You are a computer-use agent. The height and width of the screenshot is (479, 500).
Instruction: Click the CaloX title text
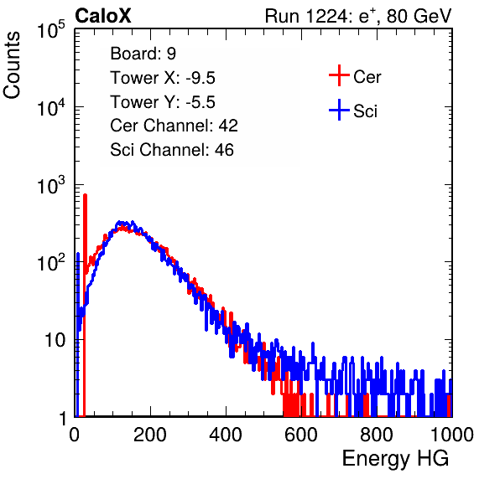coord(103,16)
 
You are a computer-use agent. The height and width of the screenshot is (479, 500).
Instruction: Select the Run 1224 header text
coord(358,16)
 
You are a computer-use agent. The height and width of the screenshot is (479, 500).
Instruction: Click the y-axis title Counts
coord(12,65)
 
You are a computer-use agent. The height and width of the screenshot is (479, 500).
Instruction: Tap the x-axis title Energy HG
coord(395,459)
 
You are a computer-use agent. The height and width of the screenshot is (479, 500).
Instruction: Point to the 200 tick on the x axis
coord(150,435)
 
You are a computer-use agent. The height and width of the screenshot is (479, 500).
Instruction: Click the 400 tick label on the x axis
coord(226,435)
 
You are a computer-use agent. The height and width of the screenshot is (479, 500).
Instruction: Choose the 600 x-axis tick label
coord(301,435)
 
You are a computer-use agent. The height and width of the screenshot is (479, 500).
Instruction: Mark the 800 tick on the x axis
coord(377,435)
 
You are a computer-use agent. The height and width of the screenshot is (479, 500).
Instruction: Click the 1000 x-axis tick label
coord(452,435)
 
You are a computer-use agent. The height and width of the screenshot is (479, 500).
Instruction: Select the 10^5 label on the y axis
coord(51,30)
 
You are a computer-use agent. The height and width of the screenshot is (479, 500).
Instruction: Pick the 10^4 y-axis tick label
coord(51,107)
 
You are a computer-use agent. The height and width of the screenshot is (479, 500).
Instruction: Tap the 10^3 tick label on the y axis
coord(51,185)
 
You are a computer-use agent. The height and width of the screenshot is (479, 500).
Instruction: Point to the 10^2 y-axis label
coord(51,263)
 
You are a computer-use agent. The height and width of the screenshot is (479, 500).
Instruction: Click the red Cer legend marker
coord(339,75)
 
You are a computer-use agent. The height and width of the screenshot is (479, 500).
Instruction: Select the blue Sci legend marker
coord(339,111)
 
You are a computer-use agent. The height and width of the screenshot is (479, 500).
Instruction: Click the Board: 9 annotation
coord(143,54)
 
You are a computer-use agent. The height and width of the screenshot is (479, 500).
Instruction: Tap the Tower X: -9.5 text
coord(163,78)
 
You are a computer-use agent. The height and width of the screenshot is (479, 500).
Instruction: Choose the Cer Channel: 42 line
coord(174,126)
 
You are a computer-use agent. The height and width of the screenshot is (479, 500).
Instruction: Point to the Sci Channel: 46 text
coord(172,150)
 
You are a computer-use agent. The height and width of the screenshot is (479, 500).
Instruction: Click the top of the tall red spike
coord(85,195)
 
